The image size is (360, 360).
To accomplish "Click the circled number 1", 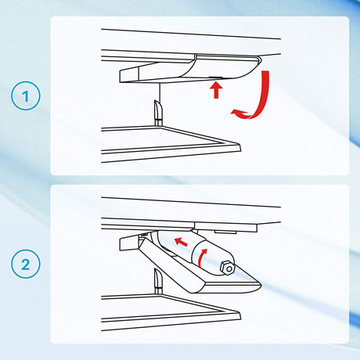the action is pos(26,95).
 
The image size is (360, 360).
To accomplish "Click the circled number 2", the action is pos(26,264).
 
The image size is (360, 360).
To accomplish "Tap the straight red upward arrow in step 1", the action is pos(216,90).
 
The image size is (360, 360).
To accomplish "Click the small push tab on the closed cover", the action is pos(216,77).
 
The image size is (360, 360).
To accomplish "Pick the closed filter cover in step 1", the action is pos(190,68).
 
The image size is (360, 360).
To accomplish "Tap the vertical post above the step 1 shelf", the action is pos(158,113).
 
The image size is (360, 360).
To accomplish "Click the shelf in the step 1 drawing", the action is pos(171,143).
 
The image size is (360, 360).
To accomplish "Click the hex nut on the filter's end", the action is pos(228,268).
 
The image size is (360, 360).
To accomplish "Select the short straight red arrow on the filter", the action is pos(181,242).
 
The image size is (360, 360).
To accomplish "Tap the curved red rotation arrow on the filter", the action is pos(203,257).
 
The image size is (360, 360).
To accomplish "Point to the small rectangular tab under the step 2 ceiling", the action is pos(225,232).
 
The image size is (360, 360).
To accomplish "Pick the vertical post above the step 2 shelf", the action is pos(158,281).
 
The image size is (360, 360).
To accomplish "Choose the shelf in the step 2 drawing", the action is pos(171,312).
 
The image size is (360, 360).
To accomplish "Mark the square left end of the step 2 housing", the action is pos(128,243).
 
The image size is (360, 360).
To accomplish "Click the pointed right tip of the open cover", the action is pos(261,284).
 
